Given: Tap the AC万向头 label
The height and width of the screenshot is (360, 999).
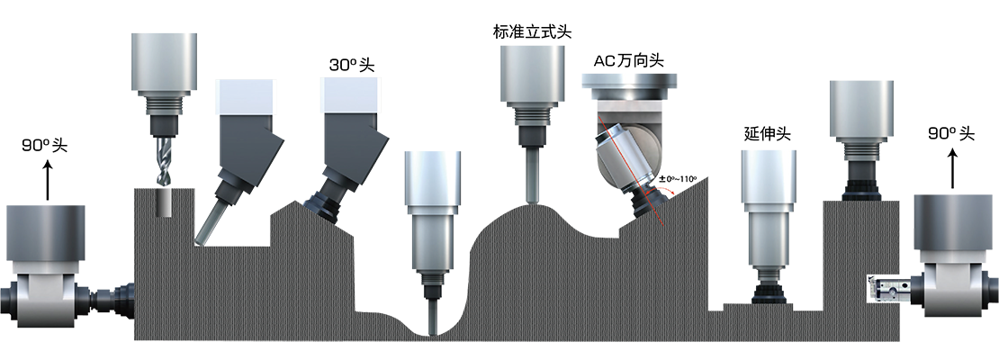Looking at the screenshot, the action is click(x=628, y=60).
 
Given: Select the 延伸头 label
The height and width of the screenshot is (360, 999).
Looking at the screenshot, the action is click(x=767, y=134).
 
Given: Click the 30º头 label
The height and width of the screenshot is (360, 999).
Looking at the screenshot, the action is click(x=352, y=65).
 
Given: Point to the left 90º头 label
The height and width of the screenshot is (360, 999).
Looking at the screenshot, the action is click(x=45, y=145).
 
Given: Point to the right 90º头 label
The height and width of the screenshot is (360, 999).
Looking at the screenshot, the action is click(x=952, y=134).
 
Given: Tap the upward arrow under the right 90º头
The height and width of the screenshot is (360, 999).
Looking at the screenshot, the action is click(x=952, y=168).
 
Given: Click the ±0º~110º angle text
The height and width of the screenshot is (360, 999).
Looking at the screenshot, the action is click(x=678, y=179).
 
